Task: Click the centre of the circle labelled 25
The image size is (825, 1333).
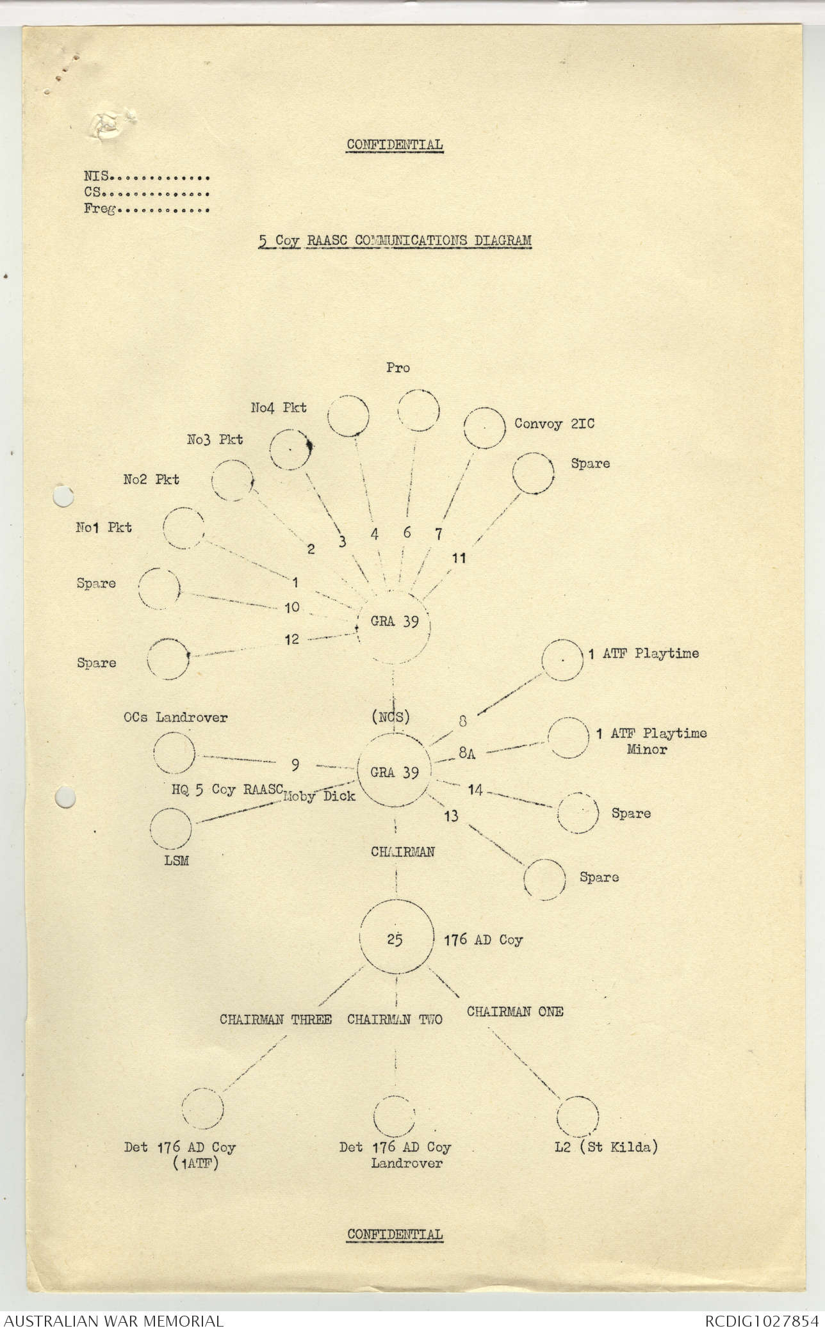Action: coord(395,940)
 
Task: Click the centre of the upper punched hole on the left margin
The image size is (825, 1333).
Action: coord(63,497)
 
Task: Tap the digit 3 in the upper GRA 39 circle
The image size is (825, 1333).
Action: coord(405,622)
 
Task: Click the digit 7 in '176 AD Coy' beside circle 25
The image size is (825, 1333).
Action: coord(455,940)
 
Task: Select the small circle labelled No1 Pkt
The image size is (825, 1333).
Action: coord(183,528)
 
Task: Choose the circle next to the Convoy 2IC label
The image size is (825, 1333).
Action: coord(485,428)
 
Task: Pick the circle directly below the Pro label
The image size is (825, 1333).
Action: coord(418,410)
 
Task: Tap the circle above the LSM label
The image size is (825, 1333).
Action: coord(170,828)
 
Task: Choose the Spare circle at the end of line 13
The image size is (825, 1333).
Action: coord(544,880)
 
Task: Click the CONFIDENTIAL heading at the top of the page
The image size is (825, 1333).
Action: coord(395,145)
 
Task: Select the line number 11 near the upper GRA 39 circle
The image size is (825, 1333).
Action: coord(459,558)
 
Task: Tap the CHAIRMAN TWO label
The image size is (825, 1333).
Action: coord(395,1019)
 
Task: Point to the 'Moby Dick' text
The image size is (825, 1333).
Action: coord(320,796)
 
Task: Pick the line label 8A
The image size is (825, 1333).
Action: coord(467,754)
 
